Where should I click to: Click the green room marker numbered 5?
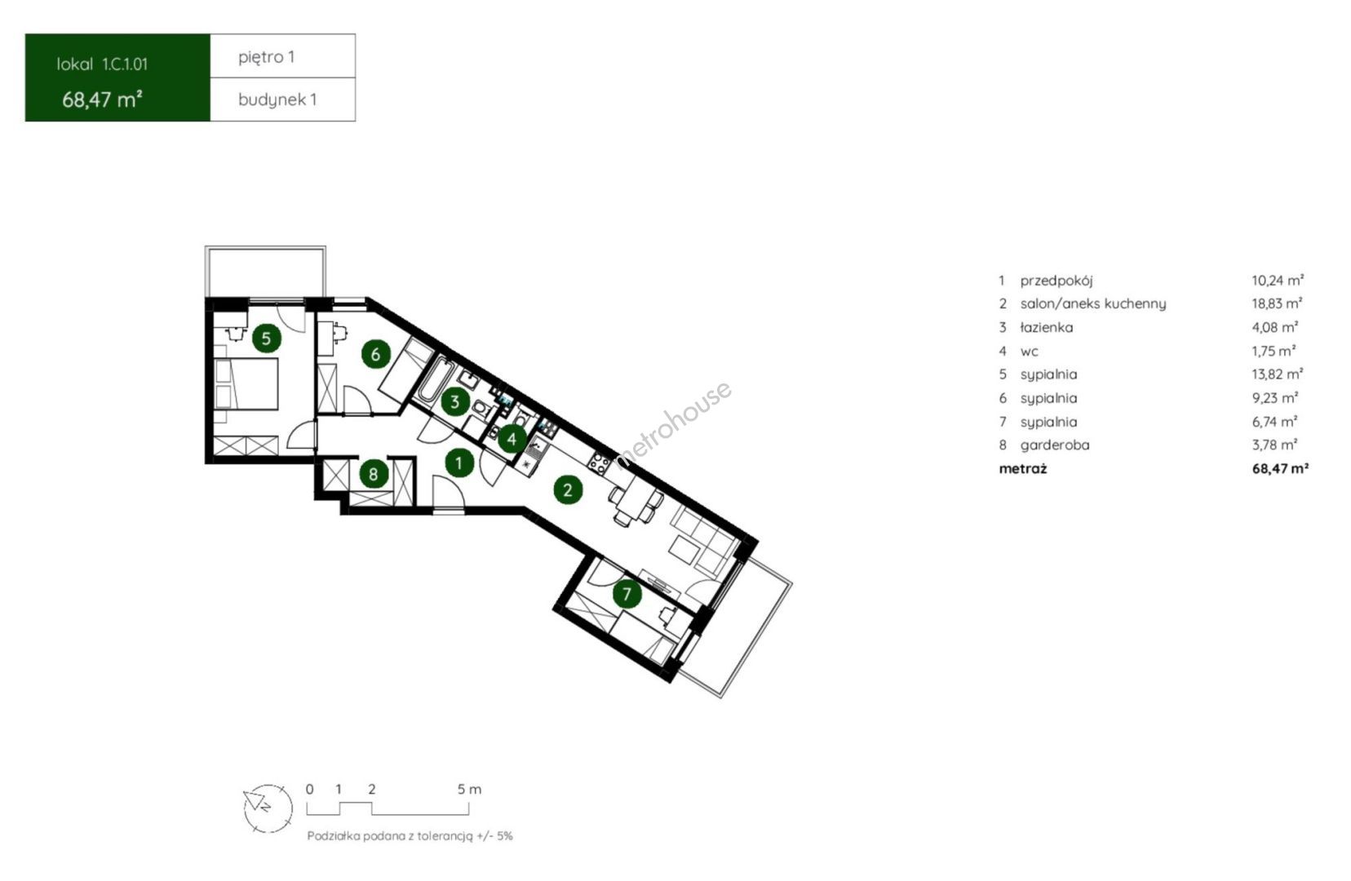pos(267,339)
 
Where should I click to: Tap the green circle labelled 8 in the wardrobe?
pos(374,474)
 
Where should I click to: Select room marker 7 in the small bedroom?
pos(627,595)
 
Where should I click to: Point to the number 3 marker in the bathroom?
pos(455,401)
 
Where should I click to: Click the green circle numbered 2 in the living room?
pos(568,490)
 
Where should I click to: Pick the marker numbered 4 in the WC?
pos(512,439)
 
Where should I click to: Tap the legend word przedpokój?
pos(1056,281)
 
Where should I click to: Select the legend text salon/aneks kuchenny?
pos(1093,304)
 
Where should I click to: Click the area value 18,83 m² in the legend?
pos(1277,303)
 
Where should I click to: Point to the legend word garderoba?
pos(1055,445)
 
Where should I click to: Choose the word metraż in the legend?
pos(1023,468)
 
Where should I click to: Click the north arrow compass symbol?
pos(268,808)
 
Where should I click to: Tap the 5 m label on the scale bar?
pos(469,790)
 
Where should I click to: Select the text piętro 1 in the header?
pos(266,57)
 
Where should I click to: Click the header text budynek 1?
pos(277,100)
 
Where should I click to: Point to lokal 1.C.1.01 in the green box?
pos(102,64)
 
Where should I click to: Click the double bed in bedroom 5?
pos(246,384)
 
